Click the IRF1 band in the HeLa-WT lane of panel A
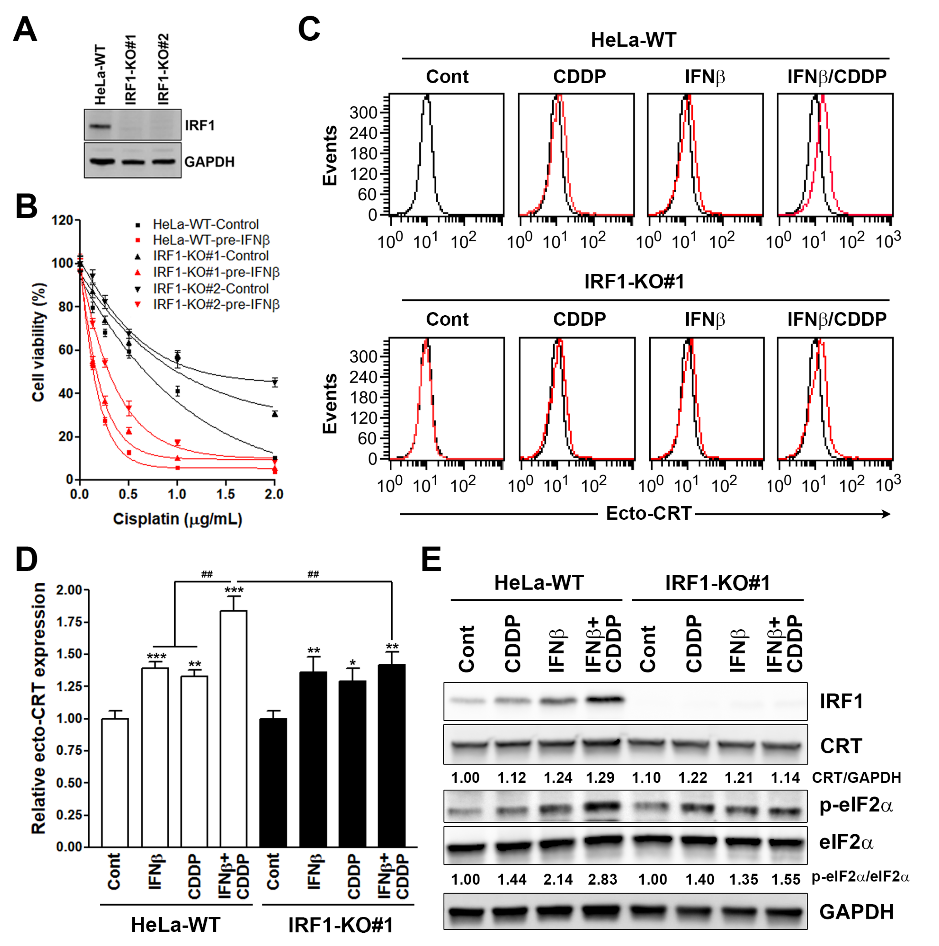coord(100,126)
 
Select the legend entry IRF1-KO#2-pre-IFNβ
coord(216,305)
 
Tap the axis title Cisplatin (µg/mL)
coord(178,519)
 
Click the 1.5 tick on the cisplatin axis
coord(225,494)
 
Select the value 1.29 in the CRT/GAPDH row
coord(600,778)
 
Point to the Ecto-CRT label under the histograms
coord(648,514)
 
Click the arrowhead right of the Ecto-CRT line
coord(886,514)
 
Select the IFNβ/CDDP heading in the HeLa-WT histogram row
coord(837,77)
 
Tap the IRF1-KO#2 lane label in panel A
coord(163,69)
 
